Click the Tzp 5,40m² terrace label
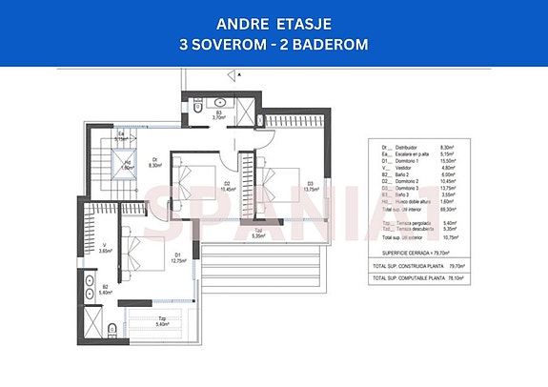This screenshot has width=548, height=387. click(x=162, y=322)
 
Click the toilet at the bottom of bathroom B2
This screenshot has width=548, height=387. click(x=112, y=331)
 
